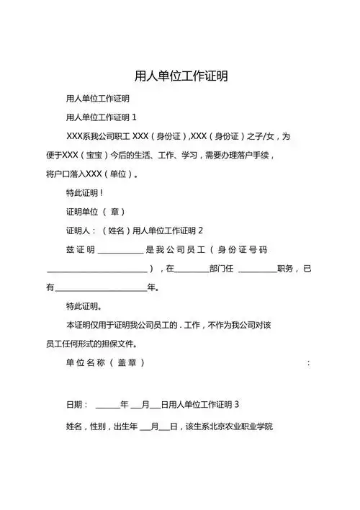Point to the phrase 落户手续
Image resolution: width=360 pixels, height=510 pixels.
click(256, 155)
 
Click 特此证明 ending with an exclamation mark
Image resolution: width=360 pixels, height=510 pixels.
click(84, 193)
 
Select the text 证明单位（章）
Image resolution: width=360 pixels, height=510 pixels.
click(96, 212)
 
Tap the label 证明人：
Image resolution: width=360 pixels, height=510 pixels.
click(81, 231)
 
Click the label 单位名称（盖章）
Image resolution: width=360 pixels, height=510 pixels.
click(105, 362)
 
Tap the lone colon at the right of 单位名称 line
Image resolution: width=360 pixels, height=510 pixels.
click(308, 362)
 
